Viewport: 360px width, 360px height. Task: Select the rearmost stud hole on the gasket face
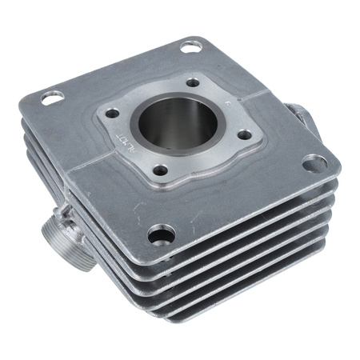coord(194,82)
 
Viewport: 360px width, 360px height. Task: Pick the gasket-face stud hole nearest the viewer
coord(160,170)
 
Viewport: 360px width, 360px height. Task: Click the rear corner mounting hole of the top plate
coord(190,46)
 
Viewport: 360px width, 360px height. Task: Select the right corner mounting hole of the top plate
coord(314,164)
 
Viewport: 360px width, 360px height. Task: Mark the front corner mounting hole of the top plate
coord(161,234)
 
